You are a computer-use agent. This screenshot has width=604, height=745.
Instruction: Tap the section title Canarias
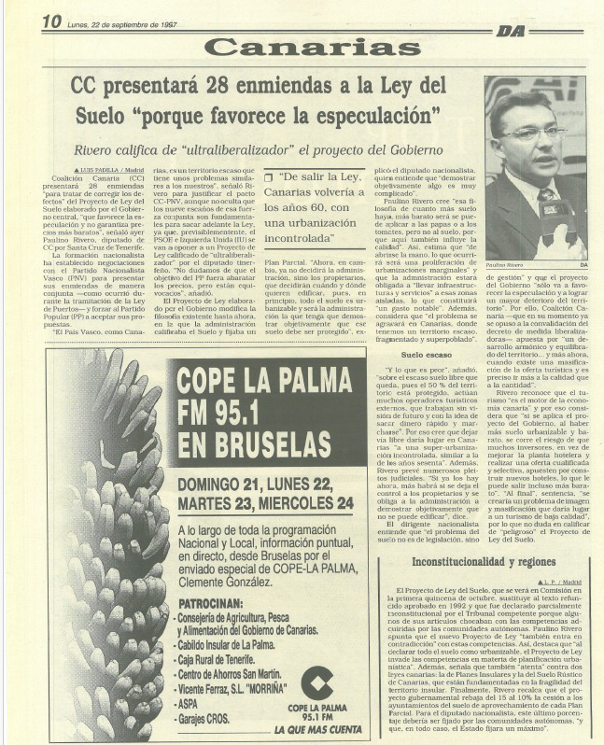(302, 46)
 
